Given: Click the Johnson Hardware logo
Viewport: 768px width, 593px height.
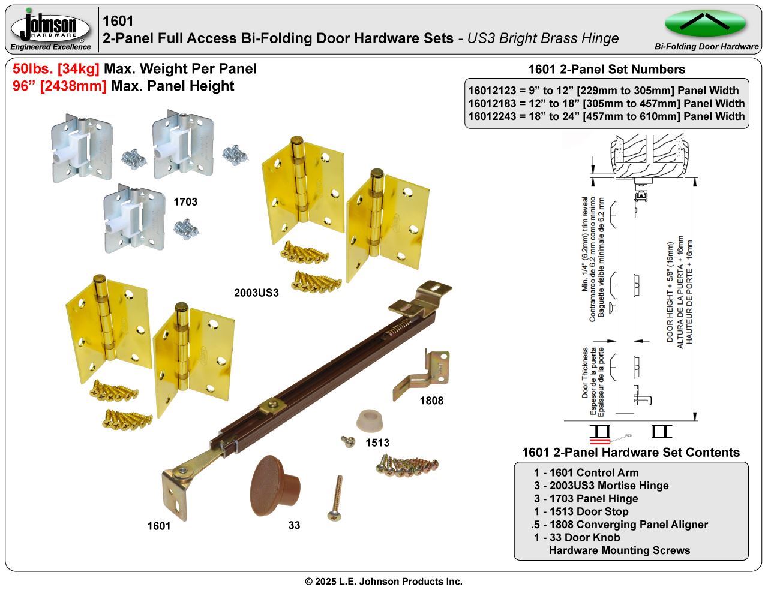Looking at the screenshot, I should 51,28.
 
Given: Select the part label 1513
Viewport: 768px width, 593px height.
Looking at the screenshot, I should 377,443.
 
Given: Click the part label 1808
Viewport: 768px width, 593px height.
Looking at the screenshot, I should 431,400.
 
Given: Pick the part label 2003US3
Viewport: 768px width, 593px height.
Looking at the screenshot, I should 257,293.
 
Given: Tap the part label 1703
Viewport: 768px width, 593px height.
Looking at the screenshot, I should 185,201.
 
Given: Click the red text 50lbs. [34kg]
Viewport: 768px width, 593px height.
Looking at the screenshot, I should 56,69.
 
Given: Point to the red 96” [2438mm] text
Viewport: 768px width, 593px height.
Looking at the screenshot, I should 59,86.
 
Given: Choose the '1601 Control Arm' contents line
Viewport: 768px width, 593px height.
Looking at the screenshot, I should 586,472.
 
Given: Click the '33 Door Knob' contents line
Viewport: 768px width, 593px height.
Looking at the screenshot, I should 577,537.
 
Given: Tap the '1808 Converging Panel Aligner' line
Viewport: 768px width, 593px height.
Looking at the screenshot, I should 620,525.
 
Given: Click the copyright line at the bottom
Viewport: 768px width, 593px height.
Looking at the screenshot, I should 383,582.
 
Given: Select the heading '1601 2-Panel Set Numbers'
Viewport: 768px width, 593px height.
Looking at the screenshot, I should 606,69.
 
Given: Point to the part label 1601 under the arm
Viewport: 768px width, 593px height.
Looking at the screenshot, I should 159,526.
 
